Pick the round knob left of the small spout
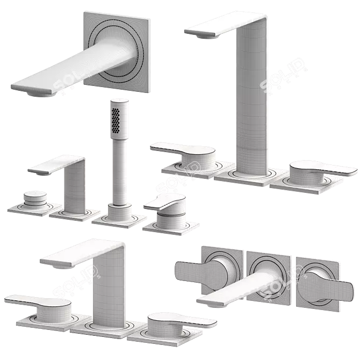[x=34, y=197]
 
